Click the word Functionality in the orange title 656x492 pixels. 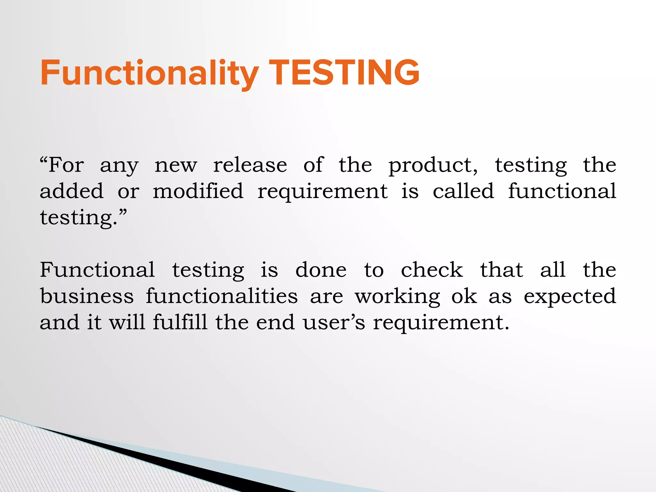[x=149, y=73]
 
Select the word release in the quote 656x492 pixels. [x=250, y=165]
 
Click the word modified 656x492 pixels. [x=198, y=191]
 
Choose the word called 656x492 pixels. [x=463, y=191]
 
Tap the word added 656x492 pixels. [x=72, y=191]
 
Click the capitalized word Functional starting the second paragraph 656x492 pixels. [x=97, y=270]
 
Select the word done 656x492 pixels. [x=321, y=270]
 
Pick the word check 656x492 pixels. [x=432, y=270]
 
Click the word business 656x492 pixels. [x=87, y=296]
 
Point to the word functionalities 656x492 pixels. [x=222, y=296]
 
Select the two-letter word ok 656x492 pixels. [x=464, y=296]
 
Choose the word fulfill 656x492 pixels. [x=180, y=322]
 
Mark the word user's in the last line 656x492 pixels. [x=334, y=323]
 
